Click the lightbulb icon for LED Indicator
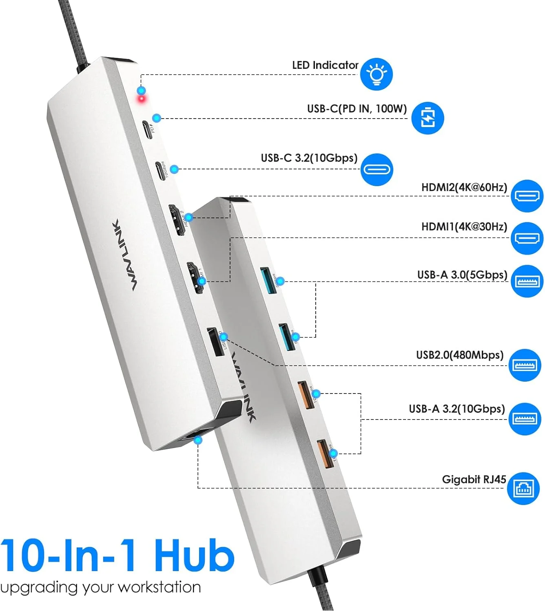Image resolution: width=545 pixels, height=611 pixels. (376, 74)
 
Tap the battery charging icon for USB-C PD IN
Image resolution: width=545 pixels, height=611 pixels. (427, 118)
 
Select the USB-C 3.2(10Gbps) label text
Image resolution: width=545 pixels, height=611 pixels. (309, 158)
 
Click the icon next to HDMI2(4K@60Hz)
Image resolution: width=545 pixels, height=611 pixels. (527, 196)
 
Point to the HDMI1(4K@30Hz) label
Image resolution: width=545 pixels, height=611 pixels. (464, 226)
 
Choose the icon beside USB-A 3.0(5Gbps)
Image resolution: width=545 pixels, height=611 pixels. (527, 281)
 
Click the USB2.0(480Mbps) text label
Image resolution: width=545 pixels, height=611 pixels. (459, 355)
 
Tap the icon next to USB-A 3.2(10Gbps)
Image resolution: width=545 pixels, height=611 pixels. (525, 419)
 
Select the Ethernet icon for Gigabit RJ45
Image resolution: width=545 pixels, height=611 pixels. (523, 488)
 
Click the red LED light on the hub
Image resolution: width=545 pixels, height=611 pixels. (142, 99)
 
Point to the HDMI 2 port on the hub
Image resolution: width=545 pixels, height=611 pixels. (178, 220)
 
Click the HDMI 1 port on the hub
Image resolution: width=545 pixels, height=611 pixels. (195, 279)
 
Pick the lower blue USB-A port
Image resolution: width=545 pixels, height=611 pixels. (286, 336)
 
